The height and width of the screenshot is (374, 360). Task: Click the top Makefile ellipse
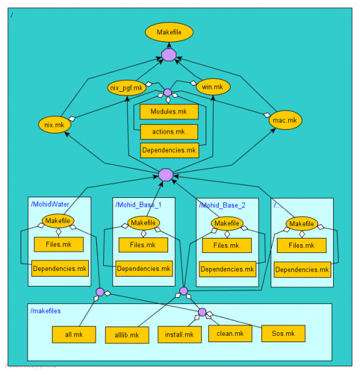coord(169,32)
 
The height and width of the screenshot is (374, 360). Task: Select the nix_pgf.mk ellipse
coord(126,87)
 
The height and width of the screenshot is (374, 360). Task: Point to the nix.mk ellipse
coord(55,125)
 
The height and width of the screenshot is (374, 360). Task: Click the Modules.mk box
coord(169,112)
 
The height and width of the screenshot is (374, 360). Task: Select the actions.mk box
coord(169,132)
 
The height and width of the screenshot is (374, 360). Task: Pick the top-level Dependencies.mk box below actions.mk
coord(169,150)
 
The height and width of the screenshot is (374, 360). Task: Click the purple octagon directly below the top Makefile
coord(169,55)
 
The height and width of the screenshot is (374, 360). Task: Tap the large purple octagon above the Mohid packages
coord(166,174)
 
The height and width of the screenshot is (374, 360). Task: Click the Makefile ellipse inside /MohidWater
coord(58,221)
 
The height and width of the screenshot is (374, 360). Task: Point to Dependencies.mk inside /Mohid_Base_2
coord(227,270)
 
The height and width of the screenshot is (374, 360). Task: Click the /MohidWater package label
coord(49,204)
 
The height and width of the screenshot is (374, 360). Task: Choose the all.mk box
coord(73,334)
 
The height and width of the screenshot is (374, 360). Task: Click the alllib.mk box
coord(126,335)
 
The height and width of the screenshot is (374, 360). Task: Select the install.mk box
coord(179,335)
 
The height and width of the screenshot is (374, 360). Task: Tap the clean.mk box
coord(230,333)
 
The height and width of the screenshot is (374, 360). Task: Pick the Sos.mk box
coord(283,333)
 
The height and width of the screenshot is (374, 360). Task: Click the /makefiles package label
coord(46,310)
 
